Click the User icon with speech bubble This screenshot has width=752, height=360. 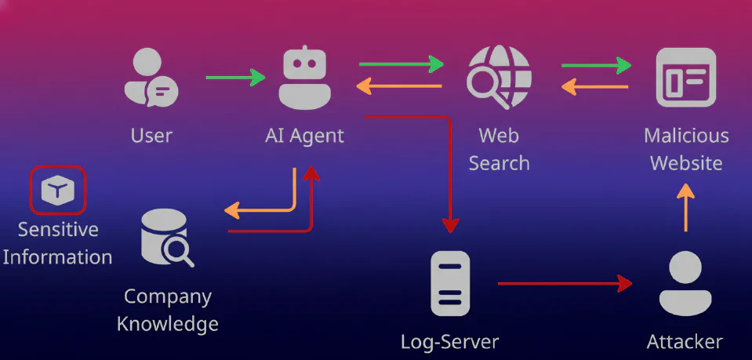tap(151, 78)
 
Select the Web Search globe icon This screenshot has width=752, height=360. tap(499, 78)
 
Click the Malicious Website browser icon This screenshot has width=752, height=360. tap(685, 76)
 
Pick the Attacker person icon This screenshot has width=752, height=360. tap(685, 284)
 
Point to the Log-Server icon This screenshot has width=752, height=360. tap(450, 284)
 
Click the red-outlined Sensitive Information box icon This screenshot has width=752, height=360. tap(57, 190)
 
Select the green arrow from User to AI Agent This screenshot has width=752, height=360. tap(235, 77)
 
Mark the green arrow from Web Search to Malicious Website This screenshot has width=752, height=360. tap(597, 66)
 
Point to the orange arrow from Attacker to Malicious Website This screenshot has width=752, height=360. tap(685, 207)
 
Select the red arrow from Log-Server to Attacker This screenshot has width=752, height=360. tap(565, 283)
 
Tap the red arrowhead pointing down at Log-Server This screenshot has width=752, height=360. tap(449, 225)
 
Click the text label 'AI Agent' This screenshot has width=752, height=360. tap(304, 136)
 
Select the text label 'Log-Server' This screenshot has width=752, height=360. tap(449, 342)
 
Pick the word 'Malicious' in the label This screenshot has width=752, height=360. tap(686, 136)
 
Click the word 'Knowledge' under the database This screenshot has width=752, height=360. tap(168, 323)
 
